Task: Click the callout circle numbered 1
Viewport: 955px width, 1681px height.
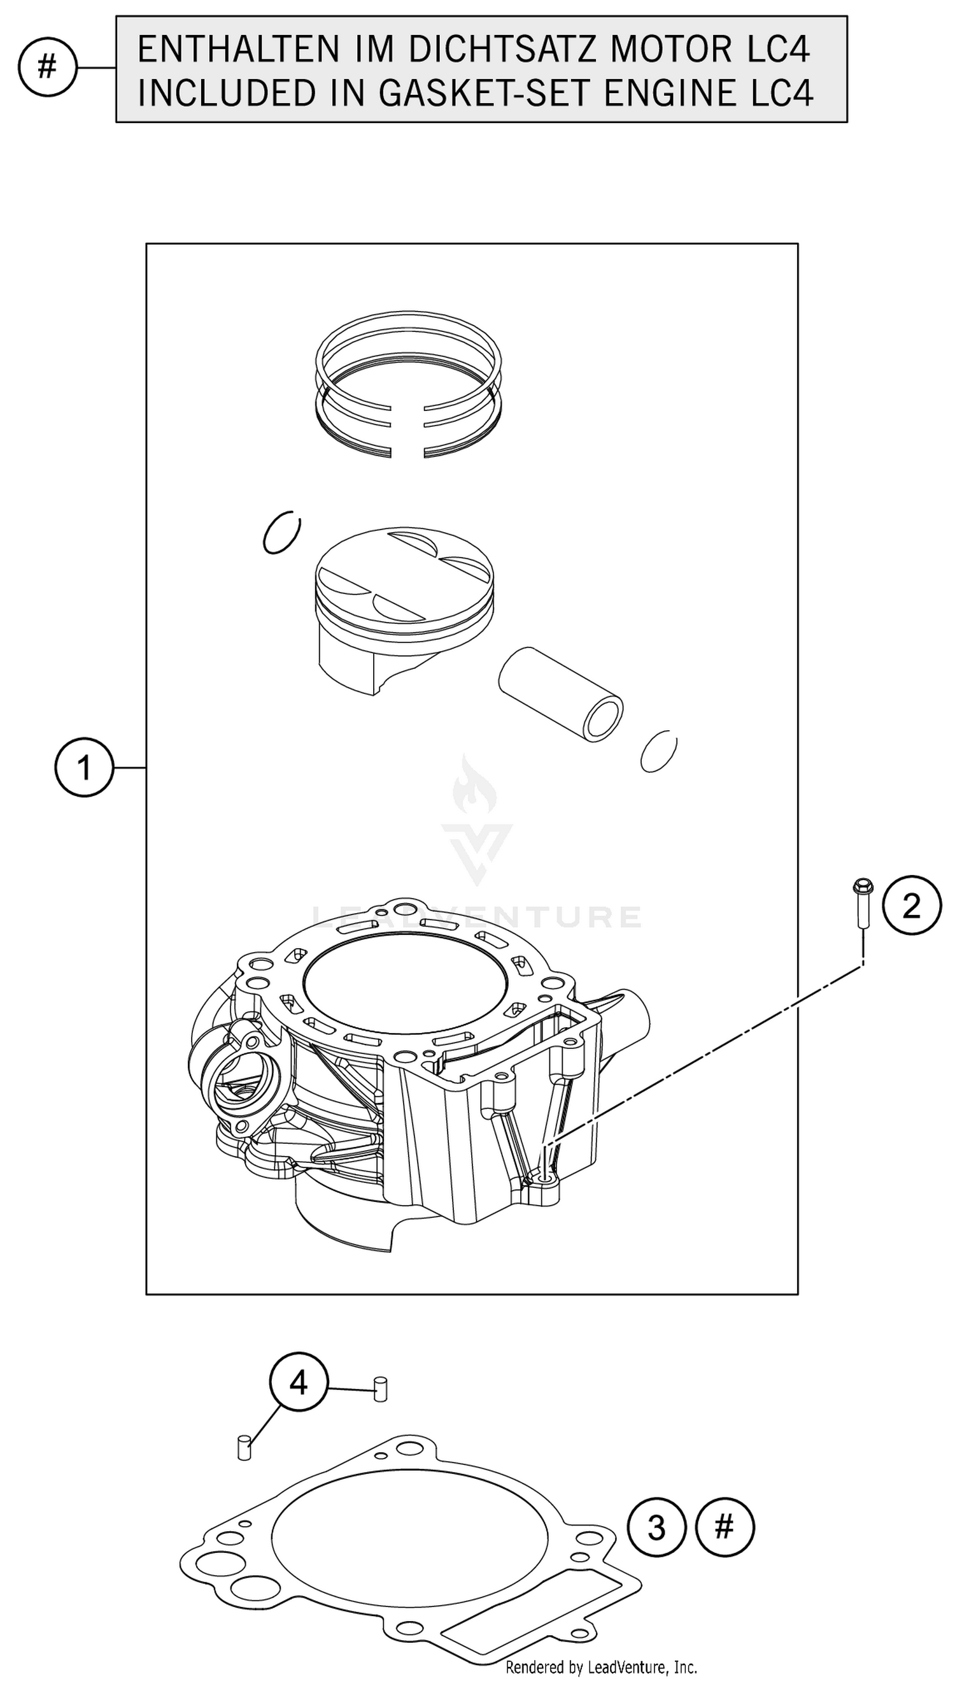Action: point(84,767)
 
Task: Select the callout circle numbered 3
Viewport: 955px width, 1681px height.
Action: point(656,1527)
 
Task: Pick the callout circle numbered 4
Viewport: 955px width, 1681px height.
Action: point(299,1383)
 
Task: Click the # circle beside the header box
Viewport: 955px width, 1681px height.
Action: point(47,67)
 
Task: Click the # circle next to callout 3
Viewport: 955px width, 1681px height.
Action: point(725,1527)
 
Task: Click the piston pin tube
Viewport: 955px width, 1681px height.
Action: point(561,695)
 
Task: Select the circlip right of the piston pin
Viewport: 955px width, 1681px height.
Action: point(658,750)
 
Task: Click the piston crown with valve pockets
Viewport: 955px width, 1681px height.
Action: point(404,574)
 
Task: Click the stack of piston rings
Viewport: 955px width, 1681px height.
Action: point(408,384)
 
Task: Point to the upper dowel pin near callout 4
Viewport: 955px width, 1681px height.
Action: point(379,1389)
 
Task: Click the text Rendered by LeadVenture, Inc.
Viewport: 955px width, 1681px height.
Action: point(601,1666)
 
